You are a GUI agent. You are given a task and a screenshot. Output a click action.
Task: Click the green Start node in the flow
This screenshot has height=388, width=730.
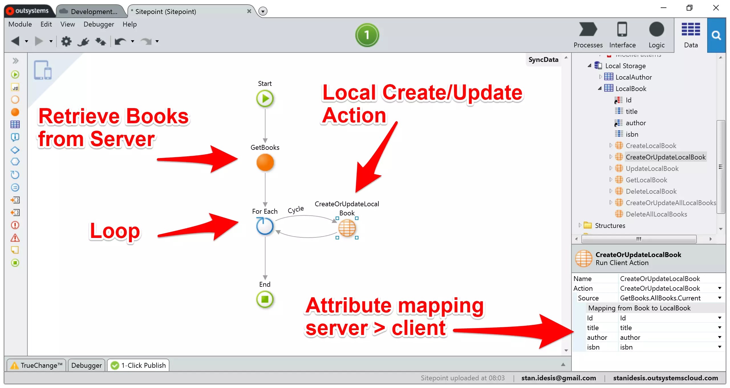click(265, 99)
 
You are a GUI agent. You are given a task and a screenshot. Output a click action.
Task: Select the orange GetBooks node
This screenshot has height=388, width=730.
click(265, 163)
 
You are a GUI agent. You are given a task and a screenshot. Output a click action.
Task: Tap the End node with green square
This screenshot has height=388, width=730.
click(265, 299)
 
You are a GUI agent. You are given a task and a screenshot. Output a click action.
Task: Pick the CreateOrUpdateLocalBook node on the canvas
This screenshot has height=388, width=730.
click(347, 228)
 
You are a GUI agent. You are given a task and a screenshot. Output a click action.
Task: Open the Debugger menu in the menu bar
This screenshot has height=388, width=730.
click(99, 24)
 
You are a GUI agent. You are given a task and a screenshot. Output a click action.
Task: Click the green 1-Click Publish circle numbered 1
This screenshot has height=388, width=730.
click(367, 35)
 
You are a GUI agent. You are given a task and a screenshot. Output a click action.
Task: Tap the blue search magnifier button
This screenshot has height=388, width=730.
click(716, 35)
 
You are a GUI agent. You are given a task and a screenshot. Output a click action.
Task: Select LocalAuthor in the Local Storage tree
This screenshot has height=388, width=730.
click(633, 77)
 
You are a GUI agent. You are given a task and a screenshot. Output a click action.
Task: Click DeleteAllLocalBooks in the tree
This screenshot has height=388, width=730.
click(656, 214)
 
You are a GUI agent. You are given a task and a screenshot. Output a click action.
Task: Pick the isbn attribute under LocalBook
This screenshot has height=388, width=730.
click(632, 134)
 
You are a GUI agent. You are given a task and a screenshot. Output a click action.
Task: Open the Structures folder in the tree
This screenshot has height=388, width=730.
click(610, 226)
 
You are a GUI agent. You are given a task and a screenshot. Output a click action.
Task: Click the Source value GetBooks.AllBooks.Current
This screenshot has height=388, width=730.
click(660, 298)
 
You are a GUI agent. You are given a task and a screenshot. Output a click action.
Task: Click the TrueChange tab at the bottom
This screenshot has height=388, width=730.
click(37, 365)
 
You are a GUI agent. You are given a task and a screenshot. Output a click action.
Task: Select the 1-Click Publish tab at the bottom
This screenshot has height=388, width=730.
click(139, 365)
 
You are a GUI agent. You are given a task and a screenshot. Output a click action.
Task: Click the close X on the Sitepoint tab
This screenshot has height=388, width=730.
click(249, 11)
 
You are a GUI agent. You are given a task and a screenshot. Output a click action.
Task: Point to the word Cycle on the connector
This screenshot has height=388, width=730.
click(296, 210)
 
